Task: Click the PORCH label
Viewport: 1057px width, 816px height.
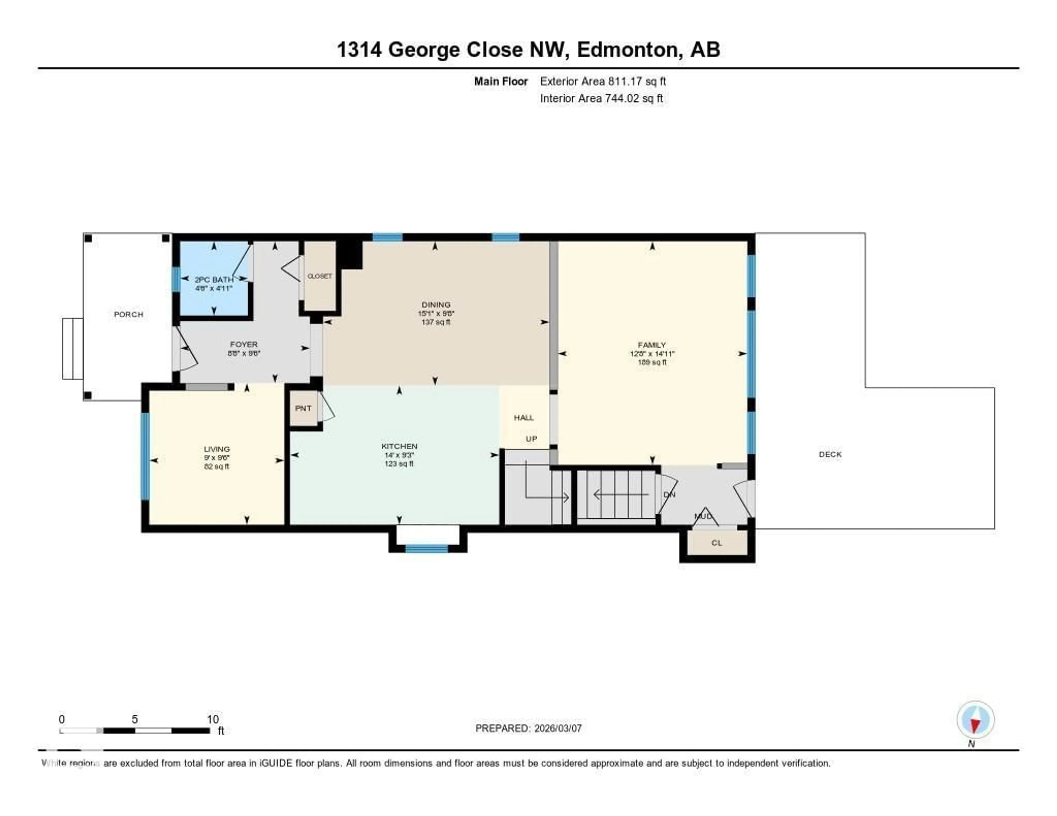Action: click(x=128, y=314)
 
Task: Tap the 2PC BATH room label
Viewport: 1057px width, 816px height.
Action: click(x=214, y=280)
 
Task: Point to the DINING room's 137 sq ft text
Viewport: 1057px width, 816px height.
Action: click(x=435, y=322)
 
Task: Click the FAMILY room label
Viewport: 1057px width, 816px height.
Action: click(x=652, y=345)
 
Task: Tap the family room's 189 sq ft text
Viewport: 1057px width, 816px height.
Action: click(x=652, y=362)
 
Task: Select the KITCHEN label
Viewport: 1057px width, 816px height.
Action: click(x=399, y=446)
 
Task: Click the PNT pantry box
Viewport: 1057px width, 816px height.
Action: click(x=303, y=408)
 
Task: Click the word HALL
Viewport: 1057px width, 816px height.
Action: click(x=524, y=417)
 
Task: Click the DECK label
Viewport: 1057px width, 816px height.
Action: click(x=830, y=454)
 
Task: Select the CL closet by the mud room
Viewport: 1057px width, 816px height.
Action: click(x=717, y=543)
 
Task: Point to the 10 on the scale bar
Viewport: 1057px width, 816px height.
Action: click(x=213, y=719)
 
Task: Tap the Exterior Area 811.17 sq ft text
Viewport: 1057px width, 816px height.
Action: click(x=603, y=81)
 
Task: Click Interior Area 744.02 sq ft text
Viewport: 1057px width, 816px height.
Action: click(x=601, y=99)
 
